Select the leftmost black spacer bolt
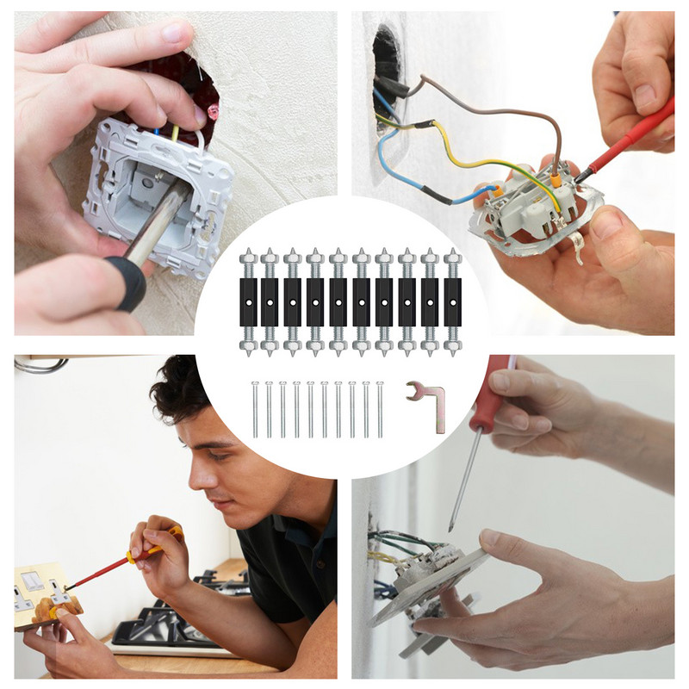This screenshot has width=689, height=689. (248, 301)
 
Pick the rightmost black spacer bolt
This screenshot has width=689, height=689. (451, 301)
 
